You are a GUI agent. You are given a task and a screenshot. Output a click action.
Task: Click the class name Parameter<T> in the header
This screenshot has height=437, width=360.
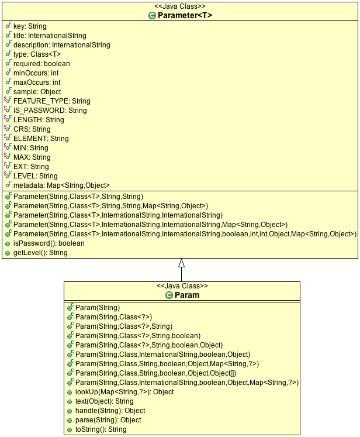click(x=185, y=15)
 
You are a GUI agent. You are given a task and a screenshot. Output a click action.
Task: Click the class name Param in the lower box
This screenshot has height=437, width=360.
click(x=187, y=295)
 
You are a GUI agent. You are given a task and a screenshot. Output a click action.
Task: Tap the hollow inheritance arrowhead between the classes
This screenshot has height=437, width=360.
click(x=182, y=263)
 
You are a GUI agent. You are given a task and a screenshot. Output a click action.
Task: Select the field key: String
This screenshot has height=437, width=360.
click(x=30, y=26)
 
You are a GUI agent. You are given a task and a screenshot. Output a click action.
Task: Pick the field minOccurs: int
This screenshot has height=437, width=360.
click(x=36, y=73)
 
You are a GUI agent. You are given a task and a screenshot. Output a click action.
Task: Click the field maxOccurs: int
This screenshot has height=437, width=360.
click(x=37, y=82)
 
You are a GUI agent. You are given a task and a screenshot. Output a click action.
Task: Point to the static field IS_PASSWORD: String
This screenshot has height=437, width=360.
click(x=50, y=111)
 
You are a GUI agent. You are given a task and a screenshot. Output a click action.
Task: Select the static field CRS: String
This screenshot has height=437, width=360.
click(x=32, y=129)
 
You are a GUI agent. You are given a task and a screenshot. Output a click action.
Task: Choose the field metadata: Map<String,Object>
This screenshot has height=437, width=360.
click(x=61, y=185)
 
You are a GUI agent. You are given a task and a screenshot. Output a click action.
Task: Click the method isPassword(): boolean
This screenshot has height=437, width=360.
click(x=49, y=243)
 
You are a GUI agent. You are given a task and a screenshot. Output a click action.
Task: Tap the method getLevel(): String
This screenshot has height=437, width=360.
click(x=40, y=253)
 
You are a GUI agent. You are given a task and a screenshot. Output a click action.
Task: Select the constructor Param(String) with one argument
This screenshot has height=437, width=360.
click(x=98, y=308)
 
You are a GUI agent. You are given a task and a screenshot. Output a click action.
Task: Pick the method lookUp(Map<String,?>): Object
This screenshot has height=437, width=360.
click(x=124, y=392)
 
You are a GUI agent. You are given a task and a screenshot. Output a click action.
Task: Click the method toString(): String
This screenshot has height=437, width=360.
click(x=101, y=429)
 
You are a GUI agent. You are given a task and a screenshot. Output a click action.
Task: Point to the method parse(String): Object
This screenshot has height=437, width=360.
click(x=108, y=420)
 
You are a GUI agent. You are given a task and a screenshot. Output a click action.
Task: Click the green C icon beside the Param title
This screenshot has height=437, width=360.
click(x=169, y=295)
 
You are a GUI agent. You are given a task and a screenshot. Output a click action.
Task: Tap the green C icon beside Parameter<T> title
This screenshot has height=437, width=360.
click(x=152, y=16)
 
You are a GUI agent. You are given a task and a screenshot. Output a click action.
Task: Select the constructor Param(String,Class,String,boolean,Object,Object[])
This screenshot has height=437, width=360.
click(x=155, y=373)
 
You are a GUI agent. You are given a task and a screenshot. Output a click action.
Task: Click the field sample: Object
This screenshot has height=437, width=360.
click(x=37, y=92)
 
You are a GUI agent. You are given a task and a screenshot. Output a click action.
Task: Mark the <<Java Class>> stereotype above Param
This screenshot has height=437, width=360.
click(x=182, y=286)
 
